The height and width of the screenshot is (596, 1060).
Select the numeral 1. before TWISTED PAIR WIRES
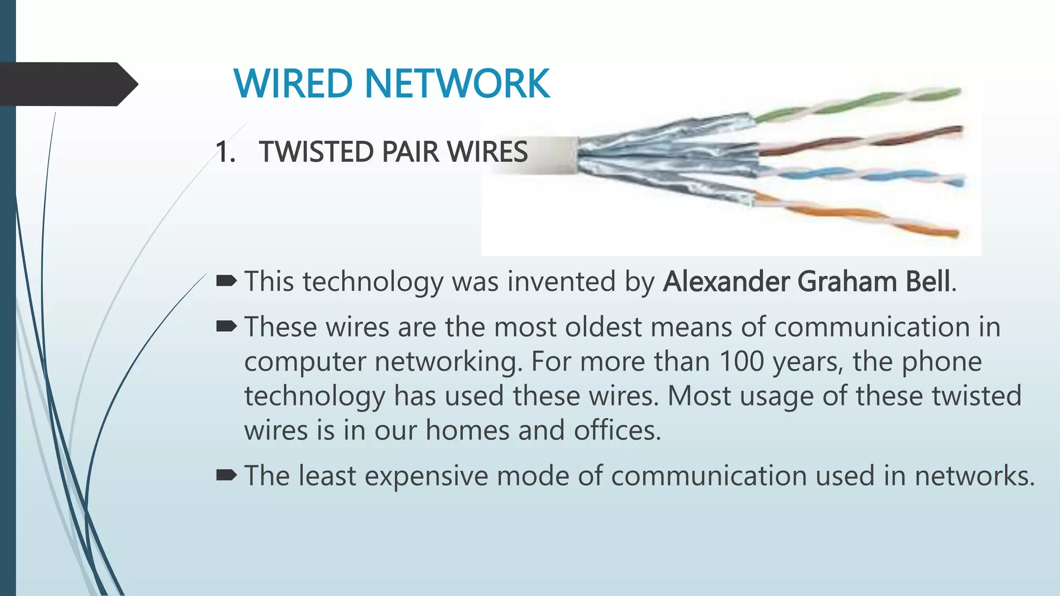tap(225, 152)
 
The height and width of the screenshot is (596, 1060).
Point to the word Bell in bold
tap(927, 281)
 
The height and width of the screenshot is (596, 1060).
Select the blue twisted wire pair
tap(859, 175)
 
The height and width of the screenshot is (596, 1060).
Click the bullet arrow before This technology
tap(226, 281)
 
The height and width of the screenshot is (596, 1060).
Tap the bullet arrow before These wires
tap(226, 326)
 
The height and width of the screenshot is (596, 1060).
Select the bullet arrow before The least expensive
tap(226, 475)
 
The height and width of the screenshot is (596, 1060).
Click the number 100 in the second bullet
tap(742, 361)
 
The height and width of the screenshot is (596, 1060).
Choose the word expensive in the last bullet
tap(426, 476)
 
